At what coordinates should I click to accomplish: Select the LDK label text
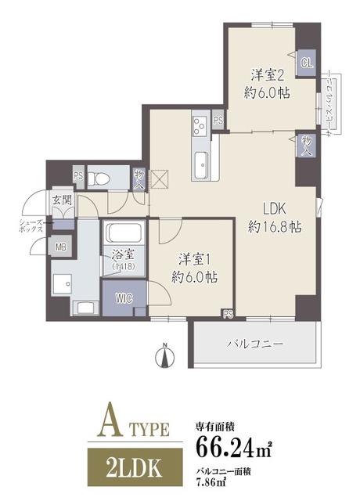(x=275, y=210)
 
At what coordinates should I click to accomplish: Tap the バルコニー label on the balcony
(x=254, y=343)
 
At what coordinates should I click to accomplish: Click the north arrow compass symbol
(x=164, y=356)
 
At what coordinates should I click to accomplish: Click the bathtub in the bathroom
(x=123, y=234)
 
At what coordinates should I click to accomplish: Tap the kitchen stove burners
(x=199, y=124)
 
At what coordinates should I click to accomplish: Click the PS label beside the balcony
(x=228, y=315)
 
